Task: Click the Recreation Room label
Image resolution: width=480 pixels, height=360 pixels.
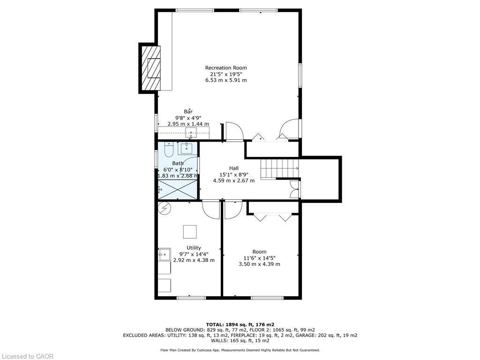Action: coord(226,67)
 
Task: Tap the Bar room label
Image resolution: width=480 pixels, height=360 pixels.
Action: coord(188,111)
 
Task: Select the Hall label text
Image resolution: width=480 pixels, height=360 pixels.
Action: coord(233,168)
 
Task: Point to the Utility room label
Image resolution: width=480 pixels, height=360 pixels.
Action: coord(194,247)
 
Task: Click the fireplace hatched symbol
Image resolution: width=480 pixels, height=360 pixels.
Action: coord(151,68)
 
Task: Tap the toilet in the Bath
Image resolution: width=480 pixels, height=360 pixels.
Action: coord(169,149)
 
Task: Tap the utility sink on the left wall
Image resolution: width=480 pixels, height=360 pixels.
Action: coord(164,255)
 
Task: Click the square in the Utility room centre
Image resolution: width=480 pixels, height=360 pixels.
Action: coord(189,232)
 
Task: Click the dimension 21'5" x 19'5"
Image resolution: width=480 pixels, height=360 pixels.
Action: coord(226,74)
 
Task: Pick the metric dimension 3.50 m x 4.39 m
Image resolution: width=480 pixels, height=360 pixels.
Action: coord(259,264)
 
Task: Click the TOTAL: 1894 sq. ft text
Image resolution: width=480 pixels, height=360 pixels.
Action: coord(240,324)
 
